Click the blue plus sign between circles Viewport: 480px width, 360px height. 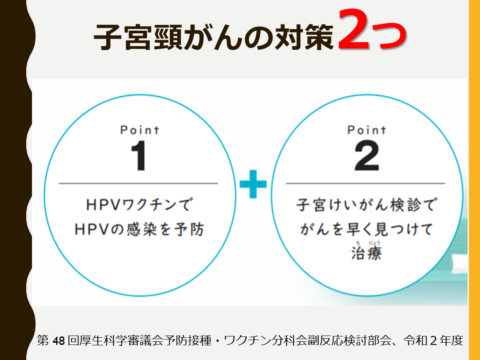253,184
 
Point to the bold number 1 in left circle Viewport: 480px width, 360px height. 139,155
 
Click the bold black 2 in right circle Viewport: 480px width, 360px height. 367,155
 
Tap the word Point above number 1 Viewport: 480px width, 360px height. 140,130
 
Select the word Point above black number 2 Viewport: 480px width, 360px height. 367,130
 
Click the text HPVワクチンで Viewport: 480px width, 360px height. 139,204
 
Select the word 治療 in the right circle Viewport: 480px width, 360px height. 366,253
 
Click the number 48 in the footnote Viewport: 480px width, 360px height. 59,340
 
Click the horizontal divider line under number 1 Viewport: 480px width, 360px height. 138,184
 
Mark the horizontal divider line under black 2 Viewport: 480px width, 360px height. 365,184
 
